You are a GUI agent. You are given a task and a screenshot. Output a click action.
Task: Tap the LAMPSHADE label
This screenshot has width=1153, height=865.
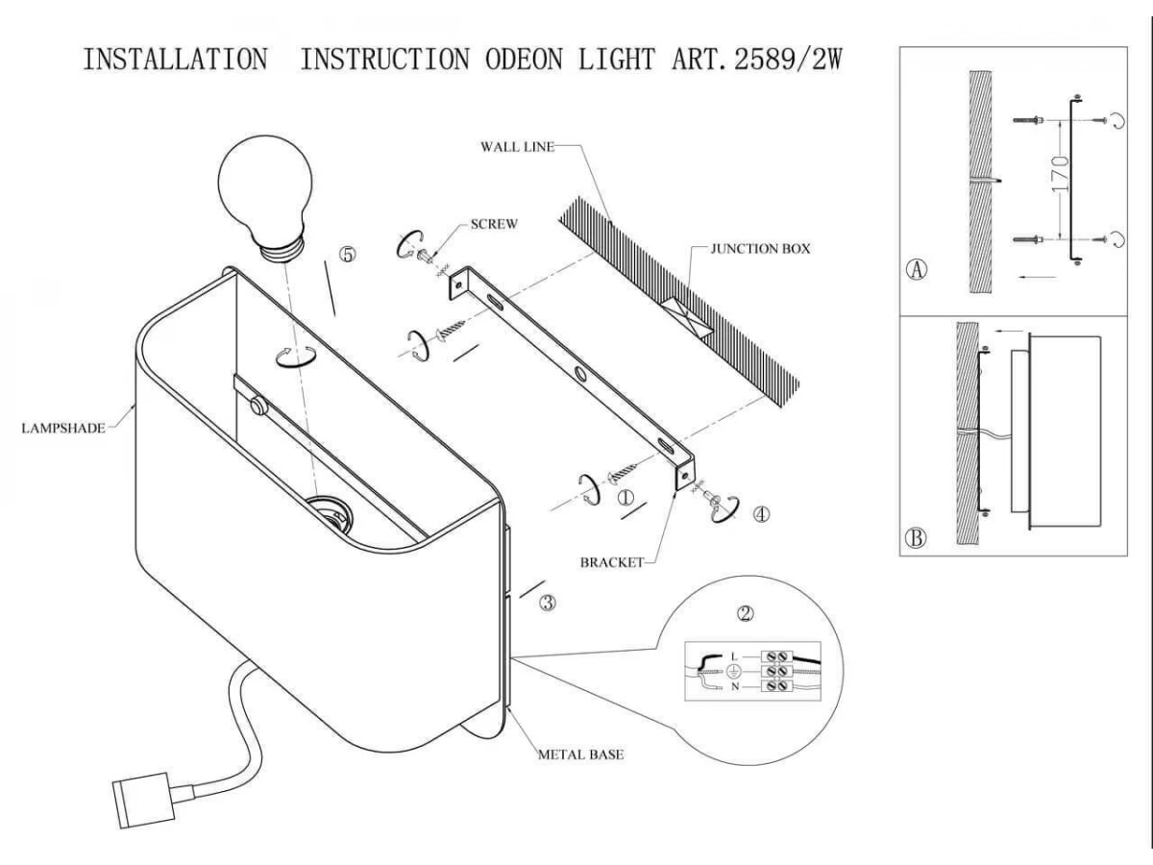click(62, 429)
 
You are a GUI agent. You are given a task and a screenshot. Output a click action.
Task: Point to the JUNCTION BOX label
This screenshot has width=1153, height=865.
click(760, 248)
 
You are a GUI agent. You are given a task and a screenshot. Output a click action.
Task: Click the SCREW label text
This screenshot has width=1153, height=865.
click(495, 224)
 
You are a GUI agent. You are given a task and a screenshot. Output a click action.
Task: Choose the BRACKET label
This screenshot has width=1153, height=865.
click(610, 563)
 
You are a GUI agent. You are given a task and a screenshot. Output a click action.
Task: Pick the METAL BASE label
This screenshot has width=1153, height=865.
click(580, 754)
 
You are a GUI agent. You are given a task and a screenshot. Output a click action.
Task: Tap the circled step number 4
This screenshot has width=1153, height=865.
click(760, 514)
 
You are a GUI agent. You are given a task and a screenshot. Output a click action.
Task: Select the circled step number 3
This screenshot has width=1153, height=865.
click(548, 604)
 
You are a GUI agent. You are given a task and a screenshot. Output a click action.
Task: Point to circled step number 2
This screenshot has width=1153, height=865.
click(745, 611)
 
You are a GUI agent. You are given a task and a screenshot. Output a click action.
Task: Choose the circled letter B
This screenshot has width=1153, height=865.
click(917, 537)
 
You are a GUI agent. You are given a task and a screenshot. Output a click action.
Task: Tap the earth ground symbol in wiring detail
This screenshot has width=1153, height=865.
click(731, 672)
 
